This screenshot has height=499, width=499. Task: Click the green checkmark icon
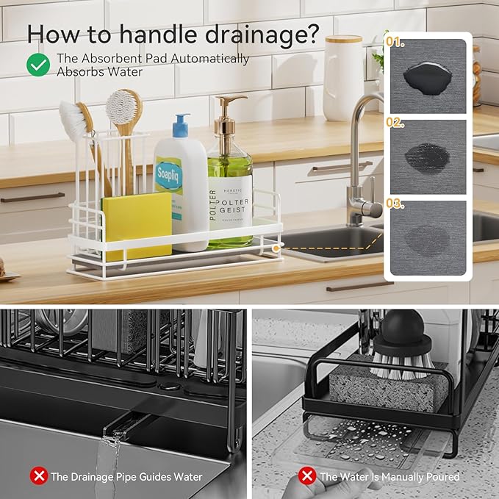[x=38, y=65]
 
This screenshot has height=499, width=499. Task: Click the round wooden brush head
[x=123, y=107]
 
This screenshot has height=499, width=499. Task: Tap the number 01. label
[x=397, y=43]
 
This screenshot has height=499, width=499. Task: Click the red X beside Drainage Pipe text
[x=38, y=476]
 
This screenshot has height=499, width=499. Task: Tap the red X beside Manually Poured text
[x=308, y=476]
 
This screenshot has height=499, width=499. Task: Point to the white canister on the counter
[x=344, y=77]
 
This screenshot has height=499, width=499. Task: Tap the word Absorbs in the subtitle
[x=79, y=71]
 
